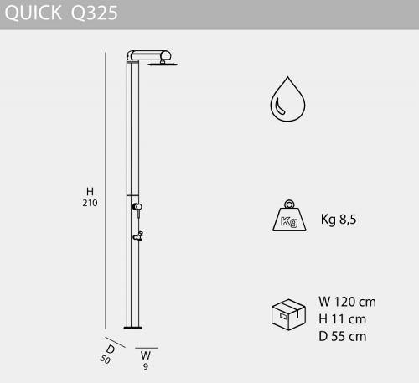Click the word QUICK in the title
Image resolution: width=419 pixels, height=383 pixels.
[x=34, y=13]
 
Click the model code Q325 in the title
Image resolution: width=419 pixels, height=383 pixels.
[x=95, y=13]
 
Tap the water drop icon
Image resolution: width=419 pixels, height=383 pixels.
[x=287, y=99]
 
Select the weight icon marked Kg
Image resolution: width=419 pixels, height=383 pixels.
[x=289, y=215]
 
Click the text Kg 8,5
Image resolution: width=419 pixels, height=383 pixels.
[x=339, y=220]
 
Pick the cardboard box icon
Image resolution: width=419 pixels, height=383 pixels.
[x=288, y=314]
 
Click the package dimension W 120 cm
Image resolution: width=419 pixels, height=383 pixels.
[x=347, y=302]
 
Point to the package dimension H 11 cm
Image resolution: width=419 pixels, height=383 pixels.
[x=342, y=319]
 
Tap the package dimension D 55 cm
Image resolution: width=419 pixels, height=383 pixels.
[x=343, y=336]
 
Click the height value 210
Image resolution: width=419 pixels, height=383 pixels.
[x=90, y=203]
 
